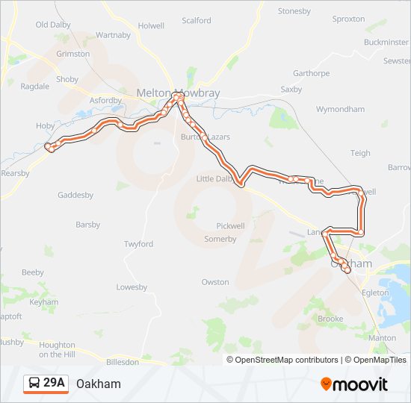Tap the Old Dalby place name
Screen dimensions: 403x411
click(x=52, y=25)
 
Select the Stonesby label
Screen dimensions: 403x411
click(x=294, y=11)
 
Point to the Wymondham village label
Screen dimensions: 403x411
click(x=340, y=109)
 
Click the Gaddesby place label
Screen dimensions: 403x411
click(x=75, y=195)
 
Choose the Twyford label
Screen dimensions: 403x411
click(x=138, y=244)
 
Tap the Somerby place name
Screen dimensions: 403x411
click(x=220, y=239)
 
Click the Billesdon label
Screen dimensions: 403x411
click(x=123, y=361)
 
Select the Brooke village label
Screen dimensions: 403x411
click(x=331, y=319)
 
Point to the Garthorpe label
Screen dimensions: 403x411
click(x=311, y=73)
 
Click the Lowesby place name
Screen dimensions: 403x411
click(x=132, y=287)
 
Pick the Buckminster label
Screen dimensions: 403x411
click(x=386, y=43)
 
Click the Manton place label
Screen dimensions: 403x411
click(x=383, y=338)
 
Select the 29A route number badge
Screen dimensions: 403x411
click(x=55, y=383)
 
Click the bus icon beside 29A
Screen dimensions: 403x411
click(x=34, y=384)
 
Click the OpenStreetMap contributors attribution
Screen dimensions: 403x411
click(x=286, y=360)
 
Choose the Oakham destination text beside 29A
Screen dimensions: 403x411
click(x=98, y=384)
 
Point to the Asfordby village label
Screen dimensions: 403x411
click(x=105, y=100)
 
